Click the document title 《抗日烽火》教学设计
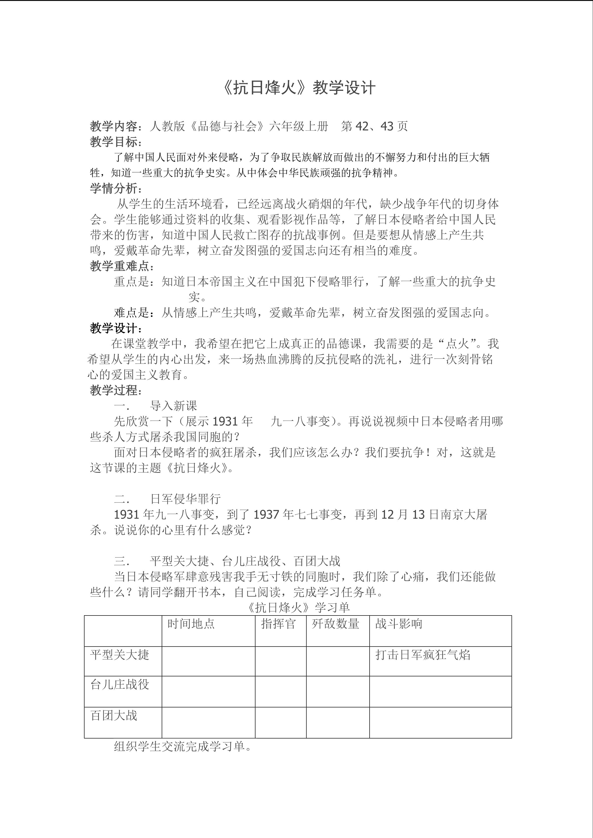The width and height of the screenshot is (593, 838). pyautogui.click(x=298, y=88)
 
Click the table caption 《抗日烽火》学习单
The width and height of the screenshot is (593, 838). pyautogui.click(x=298, y=607)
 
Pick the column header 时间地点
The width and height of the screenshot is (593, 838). pyautogui.click(x=191, y=624)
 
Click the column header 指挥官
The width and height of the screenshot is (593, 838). pyautogui.click(x=278, y=624)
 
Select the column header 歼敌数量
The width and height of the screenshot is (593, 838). pyautogui.click(x=335, y=624)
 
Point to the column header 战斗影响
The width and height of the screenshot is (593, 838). pyautogui.click(x=399, y=624)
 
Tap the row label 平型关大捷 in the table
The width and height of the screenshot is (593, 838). pyautogui.click(x=120, y=655)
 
